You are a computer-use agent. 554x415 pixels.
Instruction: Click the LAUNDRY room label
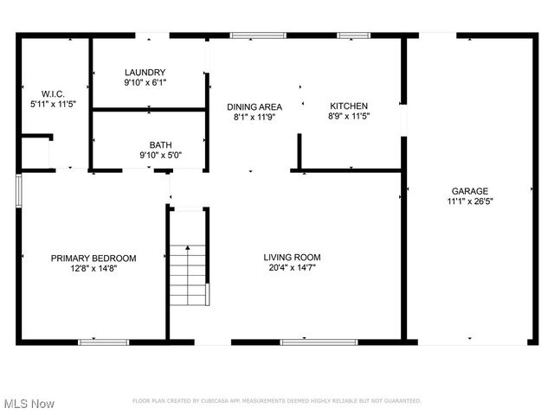pos(145,73)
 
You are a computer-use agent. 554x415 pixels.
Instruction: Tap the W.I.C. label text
pos(53,93)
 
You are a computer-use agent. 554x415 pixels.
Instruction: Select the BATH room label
pos(160,145)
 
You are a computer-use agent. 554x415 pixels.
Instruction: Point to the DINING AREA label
pos(254,106)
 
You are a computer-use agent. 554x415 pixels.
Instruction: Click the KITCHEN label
pos(349,106)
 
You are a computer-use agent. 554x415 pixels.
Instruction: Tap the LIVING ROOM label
pos(293,257)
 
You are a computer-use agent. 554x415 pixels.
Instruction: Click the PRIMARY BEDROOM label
pos(93,258)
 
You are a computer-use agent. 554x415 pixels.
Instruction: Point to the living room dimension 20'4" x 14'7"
pos(293,268)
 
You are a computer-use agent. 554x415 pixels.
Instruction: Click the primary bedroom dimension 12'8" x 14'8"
pos(93,269)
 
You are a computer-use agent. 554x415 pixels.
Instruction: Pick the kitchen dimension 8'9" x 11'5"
pos(349,117)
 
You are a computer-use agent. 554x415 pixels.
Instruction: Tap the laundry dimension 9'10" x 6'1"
pos(145,83)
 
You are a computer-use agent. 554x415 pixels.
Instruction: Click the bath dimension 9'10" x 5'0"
pos(160,156)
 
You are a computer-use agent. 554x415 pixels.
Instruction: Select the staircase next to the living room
pos(189,275)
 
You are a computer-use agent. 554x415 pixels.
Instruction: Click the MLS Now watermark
pos(29,404)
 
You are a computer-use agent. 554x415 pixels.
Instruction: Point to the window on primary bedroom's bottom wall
pos(103,342)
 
